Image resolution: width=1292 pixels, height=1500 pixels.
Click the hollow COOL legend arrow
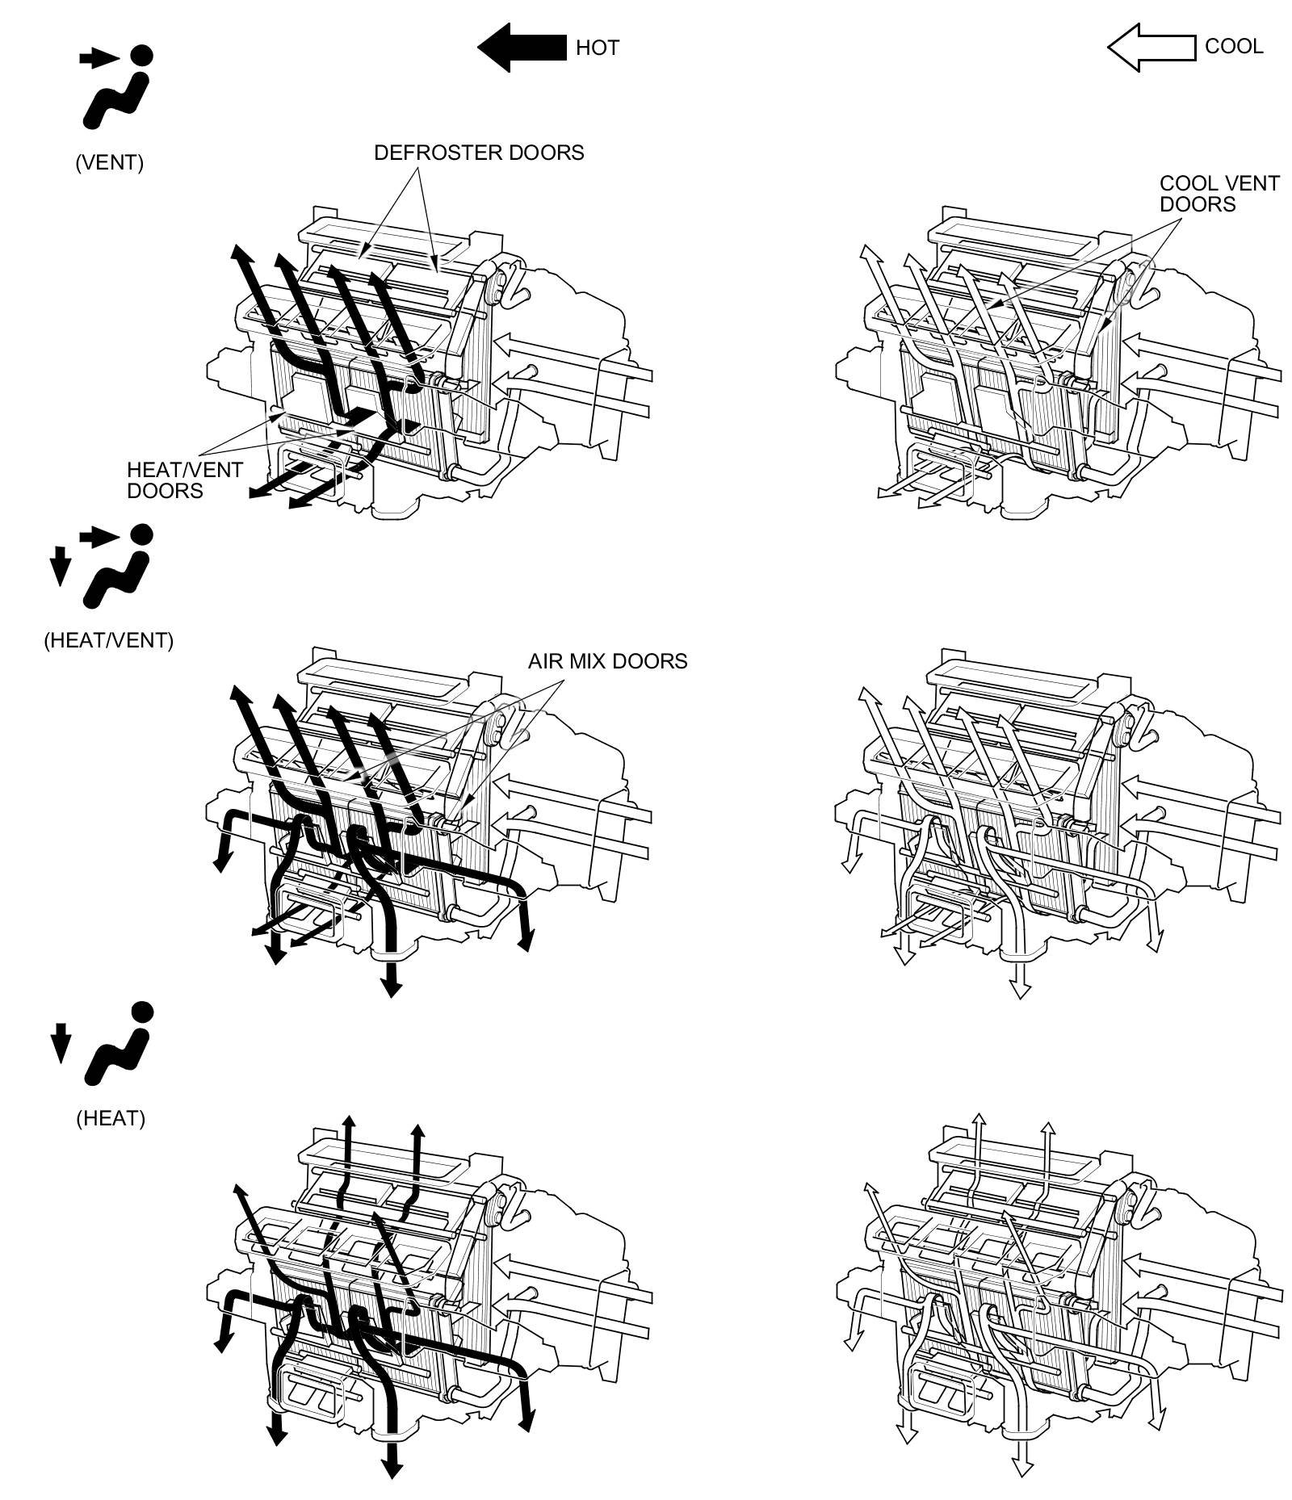tap(1150, 47)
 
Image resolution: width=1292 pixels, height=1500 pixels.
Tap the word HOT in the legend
tap(597, 48)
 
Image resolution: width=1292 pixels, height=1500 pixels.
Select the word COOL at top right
tap(1233, 46)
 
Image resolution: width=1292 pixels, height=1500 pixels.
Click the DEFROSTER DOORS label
tap(478, 153)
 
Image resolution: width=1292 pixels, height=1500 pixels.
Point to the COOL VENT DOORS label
tap(1219, 194)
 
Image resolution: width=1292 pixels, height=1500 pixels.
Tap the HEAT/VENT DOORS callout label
tap(184, 480)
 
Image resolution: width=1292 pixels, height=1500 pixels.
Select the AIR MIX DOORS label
tap(607, 661)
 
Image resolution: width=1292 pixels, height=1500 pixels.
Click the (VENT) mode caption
tap(109, 162)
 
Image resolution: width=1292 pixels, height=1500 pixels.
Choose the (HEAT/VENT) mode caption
tap(108, 640)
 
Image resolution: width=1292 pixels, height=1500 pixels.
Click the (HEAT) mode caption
tap(111, 1118)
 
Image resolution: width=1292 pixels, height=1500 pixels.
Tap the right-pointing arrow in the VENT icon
tap(98, 57)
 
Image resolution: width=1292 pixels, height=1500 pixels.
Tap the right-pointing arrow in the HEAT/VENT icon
tap(98, 535)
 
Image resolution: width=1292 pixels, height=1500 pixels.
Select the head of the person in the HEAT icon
tap(141, 1012)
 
